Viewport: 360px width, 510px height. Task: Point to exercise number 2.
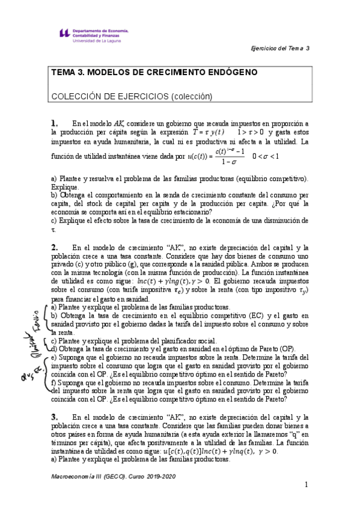[x=55, y=247]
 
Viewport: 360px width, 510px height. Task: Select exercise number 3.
[x=55, y=416]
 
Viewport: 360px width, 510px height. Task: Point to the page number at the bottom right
[x=306, y=484]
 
